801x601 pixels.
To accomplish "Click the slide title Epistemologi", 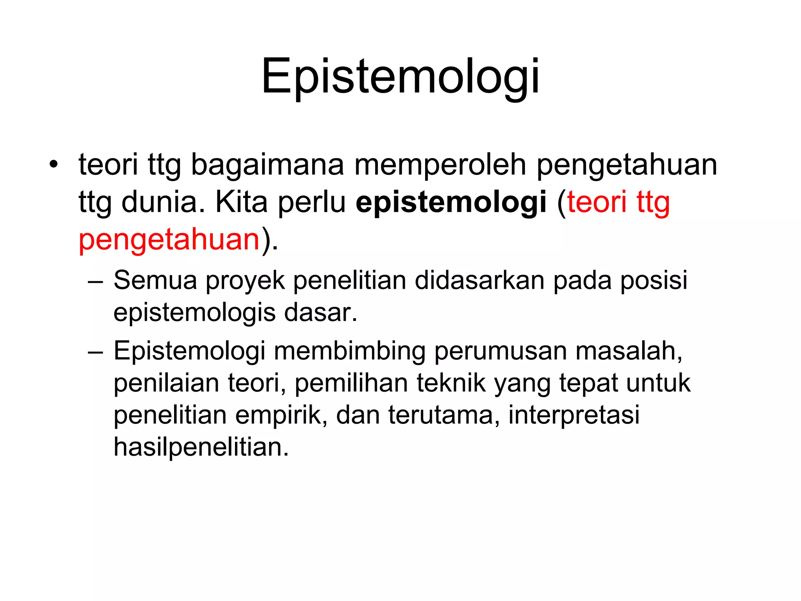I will coord(400,76).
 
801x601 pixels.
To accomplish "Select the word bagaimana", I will coord(268,165).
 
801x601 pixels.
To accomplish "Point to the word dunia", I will coord(163,202).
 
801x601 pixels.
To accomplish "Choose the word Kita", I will coord(241,202).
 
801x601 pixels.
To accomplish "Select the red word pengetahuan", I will coord(169,240).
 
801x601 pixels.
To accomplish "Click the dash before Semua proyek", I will coord(95,281).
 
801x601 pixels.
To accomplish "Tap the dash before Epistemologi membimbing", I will coord(95,352).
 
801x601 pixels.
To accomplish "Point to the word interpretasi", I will coord(574,415).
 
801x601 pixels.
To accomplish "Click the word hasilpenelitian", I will coord(201,447).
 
